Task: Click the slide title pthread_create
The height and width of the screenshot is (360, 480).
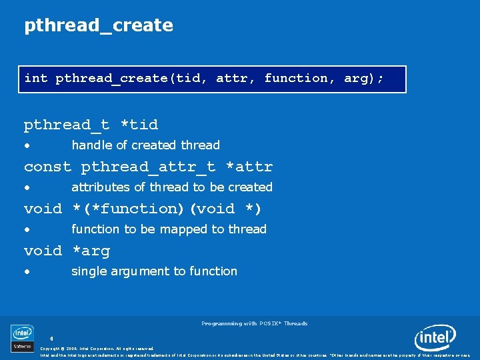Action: point(99,26)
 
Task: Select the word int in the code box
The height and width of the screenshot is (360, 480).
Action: point(36,79)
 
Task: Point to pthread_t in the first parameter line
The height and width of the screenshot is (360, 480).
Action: point(67,125)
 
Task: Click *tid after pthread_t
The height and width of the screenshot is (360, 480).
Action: point(139,125)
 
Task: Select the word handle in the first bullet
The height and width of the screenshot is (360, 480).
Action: point(91,145)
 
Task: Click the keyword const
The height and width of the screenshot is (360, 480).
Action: point(47,167)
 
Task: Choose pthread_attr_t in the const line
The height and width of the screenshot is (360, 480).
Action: point(148,167)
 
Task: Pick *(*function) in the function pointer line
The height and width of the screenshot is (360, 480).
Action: point(128,209)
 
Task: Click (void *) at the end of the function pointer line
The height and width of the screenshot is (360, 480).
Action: point(226,209)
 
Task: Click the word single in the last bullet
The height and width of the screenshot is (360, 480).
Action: point(88,271)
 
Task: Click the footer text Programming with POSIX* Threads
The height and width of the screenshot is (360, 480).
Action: point(254,323)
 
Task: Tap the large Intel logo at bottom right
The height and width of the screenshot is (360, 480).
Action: point(435,337)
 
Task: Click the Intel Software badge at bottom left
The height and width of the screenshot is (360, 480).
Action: point(22,337)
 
